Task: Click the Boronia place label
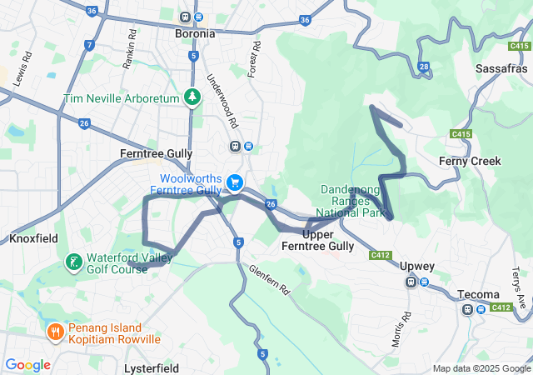193,34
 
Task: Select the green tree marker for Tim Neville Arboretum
193,98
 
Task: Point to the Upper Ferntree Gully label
317,240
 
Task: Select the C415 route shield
461,134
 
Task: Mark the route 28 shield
424,66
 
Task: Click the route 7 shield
90,44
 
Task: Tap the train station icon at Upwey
411,282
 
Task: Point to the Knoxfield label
33,238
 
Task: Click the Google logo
27,365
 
